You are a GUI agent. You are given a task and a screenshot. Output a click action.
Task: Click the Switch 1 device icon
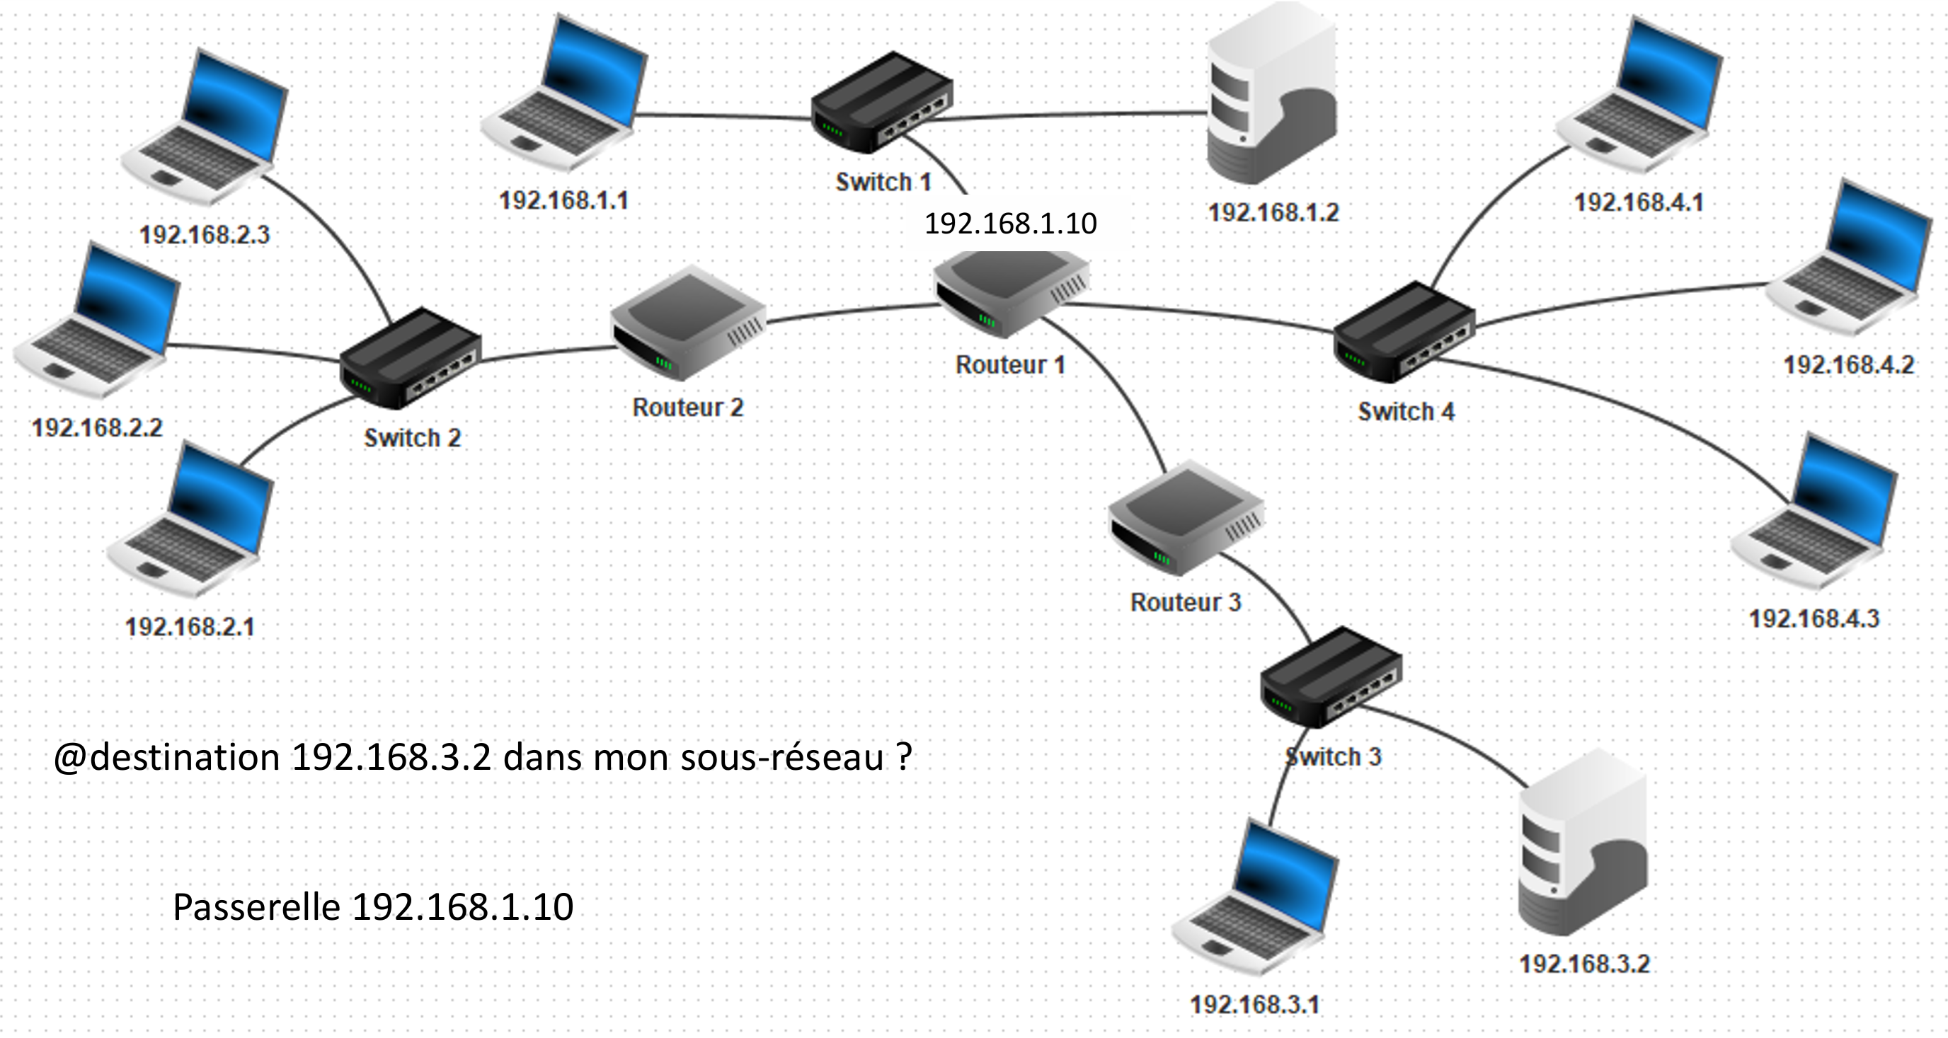(x=882, y=103)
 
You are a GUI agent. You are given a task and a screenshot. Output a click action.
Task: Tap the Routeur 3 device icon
(x=1186, y=519)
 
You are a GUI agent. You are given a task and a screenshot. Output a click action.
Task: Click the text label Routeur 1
(x=1010, y=365)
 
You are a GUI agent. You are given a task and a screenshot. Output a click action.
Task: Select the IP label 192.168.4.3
(x=1814, y=619)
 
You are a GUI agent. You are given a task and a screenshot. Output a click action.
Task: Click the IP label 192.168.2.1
(x=190, y=628)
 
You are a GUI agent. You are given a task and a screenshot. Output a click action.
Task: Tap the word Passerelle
(x=256, y=907)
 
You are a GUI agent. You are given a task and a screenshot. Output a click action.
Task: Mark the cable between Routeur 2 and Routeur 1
(x=851, y=311)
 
